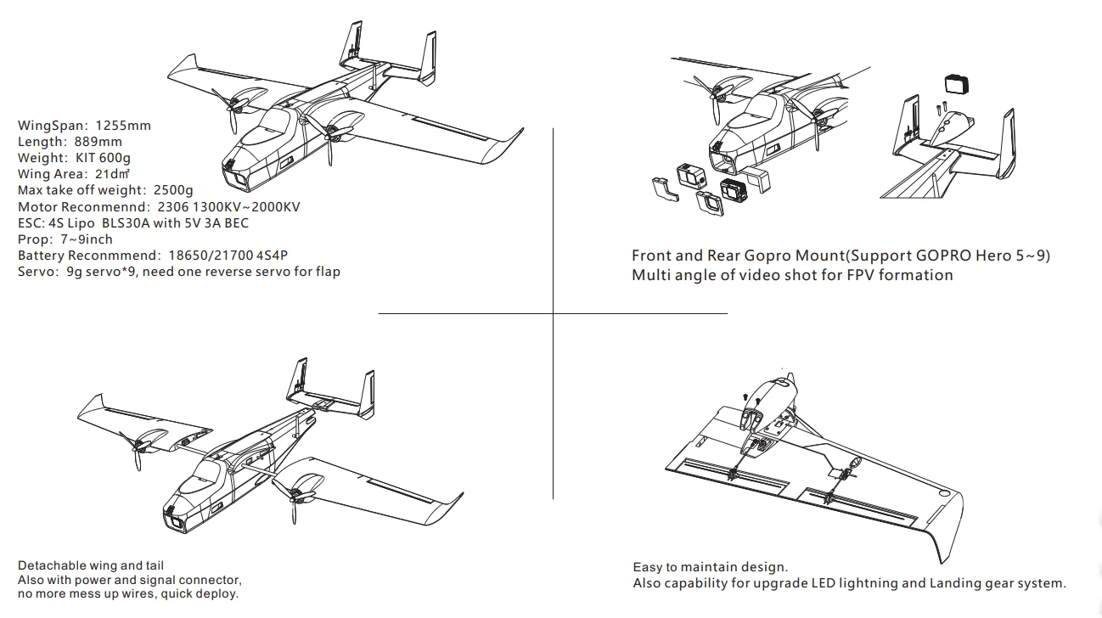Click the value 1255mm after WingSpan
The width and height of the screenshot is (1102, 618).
point(123,126)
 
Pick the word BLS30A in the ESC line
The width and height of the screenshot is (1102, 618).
point(131,222)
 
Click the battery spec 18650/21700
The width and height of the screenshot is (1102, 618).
point(207,255)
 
